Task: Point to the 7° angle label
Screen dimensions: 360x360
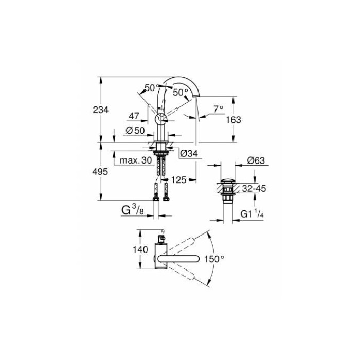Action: pyautogui.click(x=218, y=109)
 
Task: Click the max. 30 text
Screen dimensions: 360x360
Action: pyautogui.click(x=135, y=161)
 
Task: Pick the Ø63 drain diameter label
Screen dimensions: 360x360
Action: pyautogui.click(x=255, y=160)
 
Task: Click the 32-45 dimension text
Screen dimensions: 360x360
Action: pyautogui.click(x=255, y=189)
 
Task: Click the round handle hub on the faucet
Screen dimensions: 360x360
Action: pyautogui.click(x=161, y=120)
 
